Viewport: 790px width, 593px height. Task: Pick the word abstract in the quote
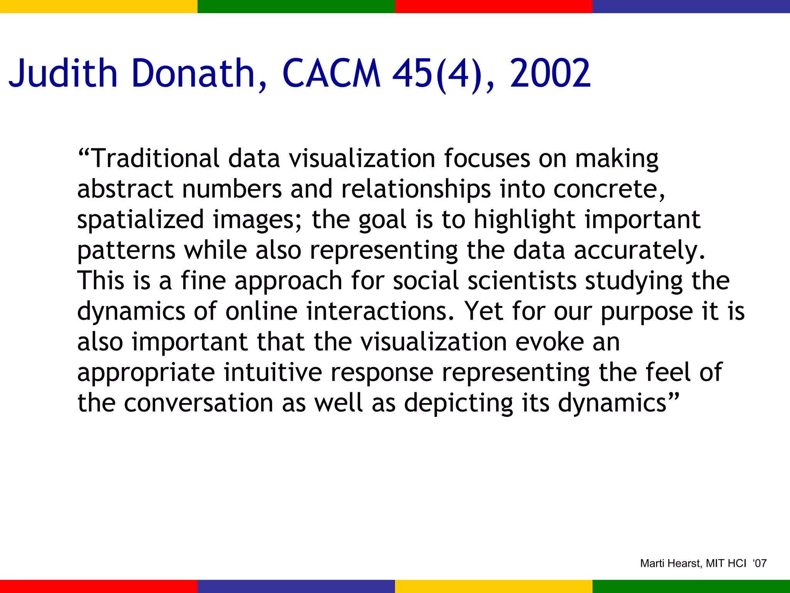click(125, 189)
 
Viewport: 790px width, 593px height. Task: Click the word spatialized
click(140, 220)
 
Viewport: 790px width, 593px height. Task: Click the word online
click(261, 311)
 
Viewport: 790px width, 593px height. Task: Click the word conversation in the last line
click(199, 403)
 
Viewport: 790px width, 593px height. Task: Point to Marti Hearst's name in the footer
click(671, 564)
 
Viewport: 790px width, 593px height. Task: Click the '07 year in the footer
click(760, 564)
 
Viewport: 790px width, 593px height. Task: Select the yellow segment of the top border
click(99, 6)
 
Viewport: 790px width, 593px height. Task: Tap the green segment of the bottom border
click(691, 586)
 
